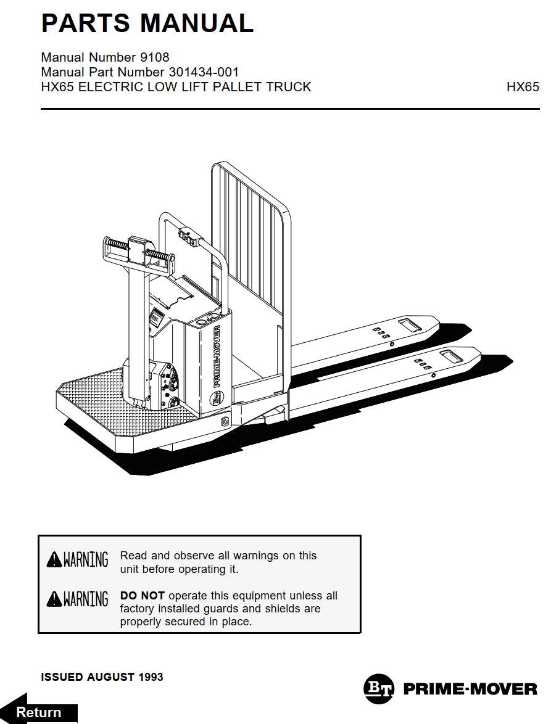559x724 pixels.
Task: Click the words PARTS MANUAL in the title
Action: click(x=147, y=23)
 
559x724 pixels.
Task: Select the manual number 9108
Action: click(x=155, y=58)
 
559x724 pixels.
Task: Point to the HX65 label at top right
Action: click(x=523, y=87)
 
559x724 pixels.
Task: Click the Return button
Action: click(x=39, y=712)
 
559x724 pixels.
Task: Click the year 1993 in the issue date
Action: click(x=151, y=677)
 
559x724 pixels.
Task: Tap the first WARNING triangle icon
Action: click(x=54, y=560)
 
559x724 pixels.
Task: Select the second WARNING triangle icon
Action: click(x=54, y=599)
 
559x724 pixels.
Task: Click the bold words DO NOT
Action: click(x=142, y=596)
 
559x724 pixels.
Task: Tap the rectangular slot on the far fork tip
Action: click(x=410, y=324)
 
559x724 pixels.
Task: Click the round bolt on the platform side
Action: click(x=225, y=421)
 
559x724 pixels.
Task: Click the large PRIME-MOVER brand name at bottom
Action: click(x=470, y=689)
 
